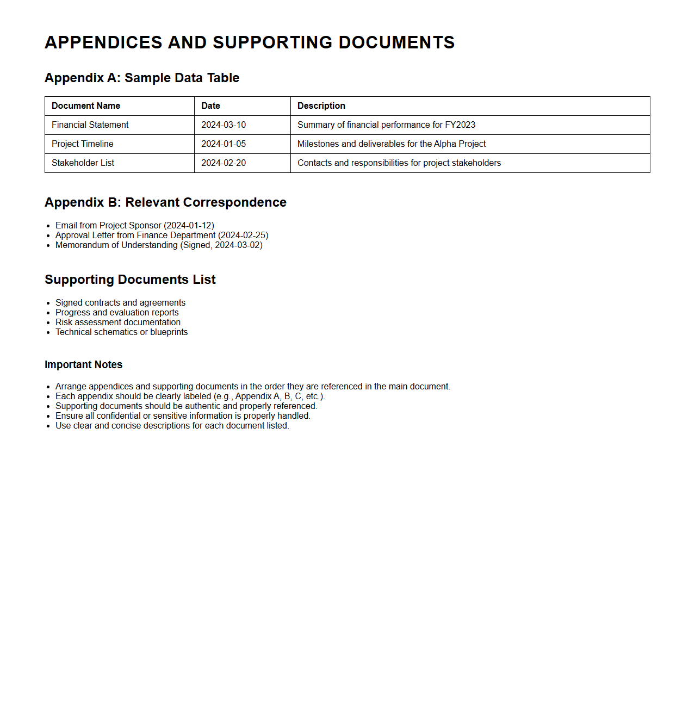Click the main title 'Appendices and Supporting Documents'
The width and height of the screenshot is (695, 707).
coord(250,42)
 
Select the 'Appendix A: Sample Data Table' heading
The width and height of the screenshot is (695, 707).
coord(142,78)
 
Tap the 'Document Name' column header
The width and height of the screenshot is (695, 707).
coord(86,106)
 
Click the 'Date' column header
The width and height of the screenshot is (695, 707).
coord(210,106)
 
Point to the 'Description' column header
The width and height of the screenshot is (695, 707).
coord(321,106)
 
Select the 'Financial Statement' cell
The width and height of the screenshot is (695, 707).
coord(90,125)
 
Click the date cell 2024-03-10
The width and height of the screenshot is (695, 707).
coord(224,125)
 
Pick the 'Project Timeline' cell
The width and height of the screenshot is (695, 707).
coord(83,144)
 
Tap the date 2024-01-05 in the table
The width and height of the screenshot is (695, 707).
coord(224,144)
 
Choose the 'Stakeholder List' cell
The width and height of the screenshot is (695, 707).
coord(83,163)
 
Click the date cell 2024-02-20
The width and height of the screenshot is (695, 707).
coord(224,163)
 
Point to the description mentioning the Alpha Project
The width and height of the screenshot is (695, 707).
coord(392,144)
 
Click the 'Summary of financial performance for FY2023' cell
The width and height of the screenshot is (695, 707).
coord(386,125)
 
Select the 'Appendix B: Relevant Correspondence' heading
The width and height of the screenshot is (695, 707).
coord(165,202)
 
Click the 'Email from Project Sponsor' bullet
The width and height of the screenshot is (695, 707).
coord(135,225)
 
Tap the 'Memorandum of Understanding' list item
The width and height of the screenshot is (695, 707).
coord(159,245)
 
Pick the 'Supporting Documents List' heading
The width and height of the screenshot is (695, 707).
coord(130,280)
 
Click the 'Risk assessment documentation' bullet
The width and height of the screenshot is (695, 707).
coord(118,323)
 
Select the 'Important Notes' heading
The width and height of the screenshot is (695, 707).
coord(83,365)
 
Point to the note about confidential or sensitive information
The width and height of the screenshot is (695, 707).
coord(183,416)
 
